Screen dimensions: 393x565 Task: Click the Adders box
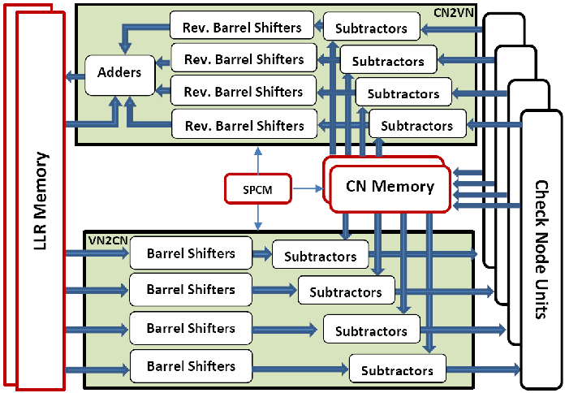coord(119,72)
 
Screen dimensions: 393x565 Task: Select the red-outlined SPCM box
coord(257,188)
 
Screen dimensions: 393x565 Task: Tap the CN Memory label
coord(390,187)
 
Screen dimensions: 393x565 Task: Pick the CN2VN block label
coord(455,12)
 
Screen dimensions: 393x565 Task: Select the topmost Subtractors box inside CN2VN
coord(371,28)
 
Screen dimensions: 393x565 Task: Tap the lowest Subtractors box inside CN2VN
coord(417,125)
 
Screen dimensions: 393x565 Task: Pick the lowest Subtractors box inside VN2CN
coord(397,370)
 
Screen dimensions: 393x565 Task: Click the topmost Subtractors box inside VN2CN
coord(320,256)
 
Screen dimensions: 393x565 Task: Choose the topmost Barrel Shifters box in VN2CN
coord(191,253)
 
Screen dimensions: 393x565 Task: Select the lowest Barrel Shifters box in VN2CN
coord(191,366)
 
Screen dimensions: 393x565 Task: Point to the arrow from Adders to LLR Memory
coord(75,76)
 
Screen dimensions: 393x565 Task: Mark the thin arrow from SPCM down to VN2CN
coord(257,216)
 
